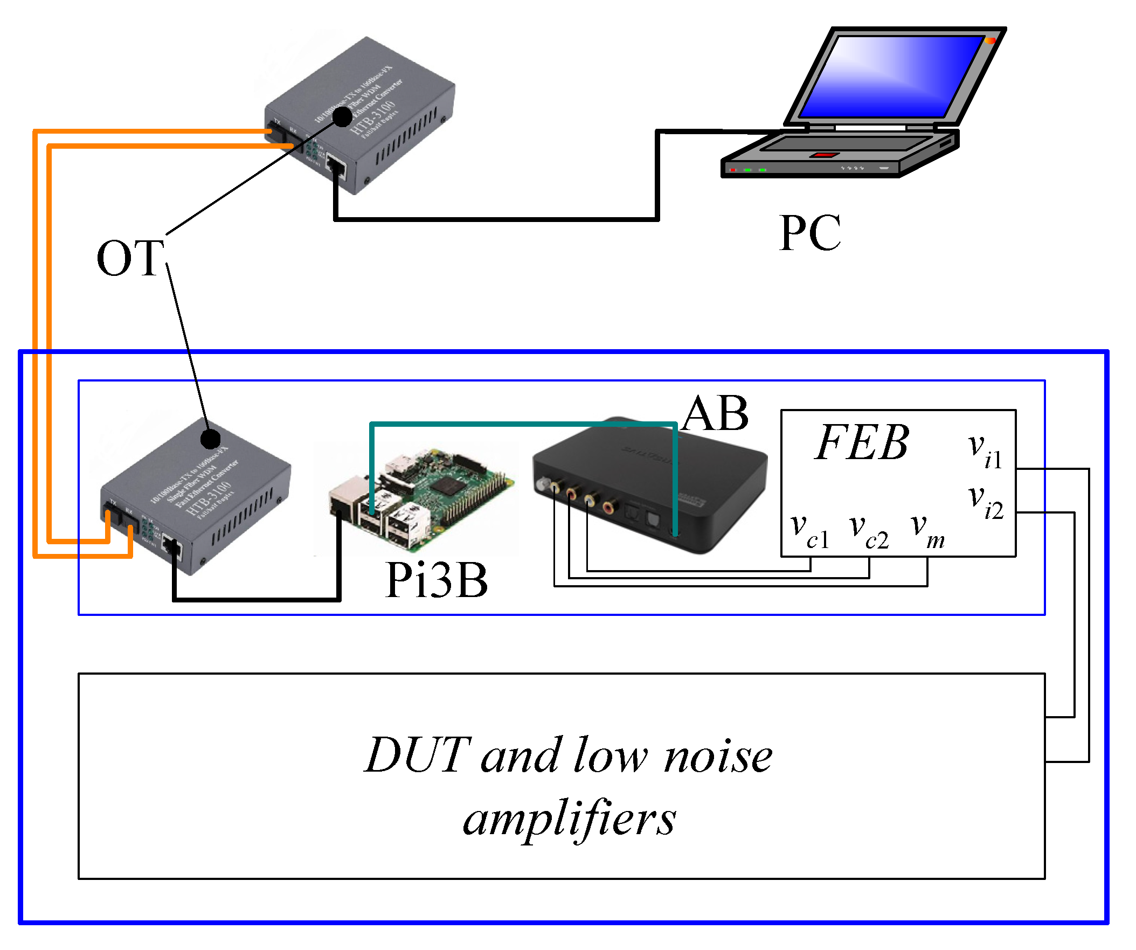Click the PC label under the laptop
(x=809, y=234)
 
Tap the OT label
(x=130, y=259)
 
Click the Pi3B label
(x=436, y=580)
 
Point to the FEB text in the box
(x=861, y=443)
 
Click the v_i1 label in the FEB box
(x=984, y=450)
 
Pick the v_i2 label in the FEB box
(x=985, y=502)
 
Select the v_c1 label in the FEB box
(x=809, y=531)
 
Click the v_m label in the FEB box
(x=927, y=531)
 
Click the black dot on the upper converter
(x=342, y=116)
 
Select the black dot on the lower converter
(x=210, y=439)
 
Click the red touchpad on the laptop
(x=824, y=155)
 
